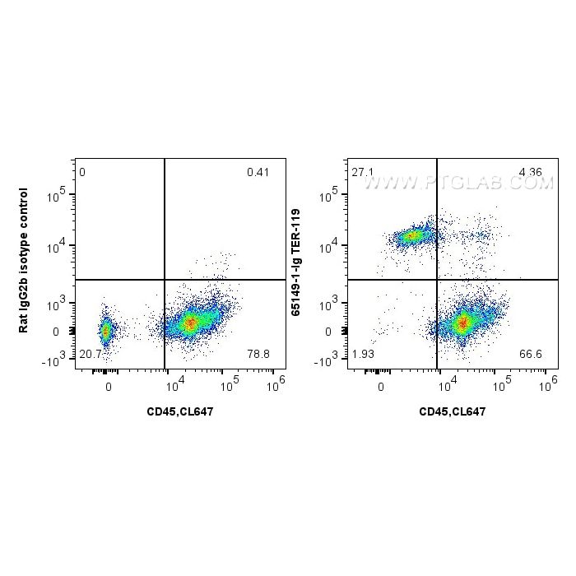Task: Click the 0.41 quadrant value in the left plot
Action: click(x=257, y=173)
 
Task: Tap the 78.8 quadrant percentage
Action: click(x=258, y=354)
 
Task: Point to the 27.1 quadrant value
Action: click(x=361, y=173)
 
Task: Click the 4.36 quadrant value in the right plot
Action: click(x=530, y=173)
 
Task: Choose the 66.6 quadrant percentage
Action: click(x=531, y=354)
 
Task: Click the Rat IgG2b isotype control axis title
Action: click(x=24, y=261)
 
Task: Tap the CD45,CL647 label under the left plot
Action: click(x=179, y=411)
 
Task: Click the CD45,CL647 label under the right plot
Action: click(x=452, y=411)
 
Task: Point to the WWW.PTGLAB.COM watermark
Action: click(x=458, y=184)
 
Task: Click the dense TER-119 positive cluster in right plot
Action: click(x=411, y=236)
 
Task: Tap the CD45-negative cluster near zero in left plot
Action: click(x=105, y=331)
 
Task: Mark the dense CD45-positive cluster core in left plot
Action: click(x=191, y=323)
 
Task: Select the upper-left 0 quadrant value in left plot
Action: click(x=82, y=173)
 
